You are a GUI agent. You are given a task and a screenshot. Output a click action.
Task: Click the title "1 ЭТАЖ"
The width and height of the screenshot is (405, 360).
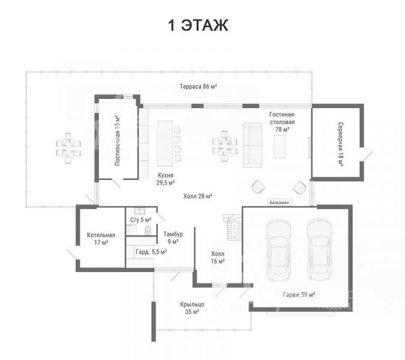coord(198,25)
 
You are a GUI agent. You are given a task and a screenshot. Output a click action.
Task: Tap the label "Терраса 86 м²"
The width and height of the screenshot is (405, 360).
coord(198,86)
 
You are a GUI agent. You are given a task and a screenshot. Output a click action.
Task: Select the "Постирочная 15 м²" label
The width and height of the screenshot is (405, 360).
coord(117,140)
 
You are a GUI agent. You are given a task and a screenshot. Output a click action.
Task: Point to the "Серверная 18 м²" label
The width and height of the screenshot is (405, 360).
coord(341,145)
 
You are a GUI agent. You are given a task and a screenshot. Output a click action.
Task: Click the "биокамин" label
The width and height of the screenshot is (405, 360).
coord(279,202)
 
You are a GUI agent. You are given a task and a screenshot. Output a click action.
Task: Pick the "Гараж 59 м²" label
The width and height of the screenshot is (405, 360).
coord(299,295)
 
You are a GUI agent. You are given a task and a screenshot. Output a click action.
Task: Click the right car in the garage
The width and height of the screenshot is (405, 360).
coord(319,250)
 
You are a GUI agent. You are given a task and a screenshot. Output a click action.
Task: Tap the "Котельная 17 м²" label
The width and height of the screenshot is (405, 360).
coord(101,239)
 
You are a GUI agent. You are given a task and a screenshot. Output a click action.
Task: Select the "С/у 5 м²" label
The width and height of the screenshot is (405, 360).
coord(141,220)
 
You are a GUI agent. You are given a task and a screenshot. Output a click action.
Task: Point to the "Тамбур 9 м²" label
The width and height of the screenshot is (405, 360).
coord(173,238)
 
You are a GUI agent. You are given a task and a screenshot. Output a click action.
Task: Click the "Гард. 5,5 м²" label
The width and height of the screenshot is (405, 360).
coord(151,252)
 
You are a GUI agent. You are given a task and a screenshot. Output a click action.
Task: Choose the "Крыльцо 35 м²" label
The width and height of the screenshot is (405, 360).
coord(192,308)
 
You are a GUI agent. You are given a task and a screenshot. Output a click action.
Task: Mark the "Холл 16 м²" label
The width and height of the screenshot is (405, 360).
coord(218,257)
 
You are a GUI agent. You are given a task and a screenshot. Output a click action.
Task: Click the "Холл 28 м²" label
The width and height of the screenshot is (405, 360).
coord(198,196)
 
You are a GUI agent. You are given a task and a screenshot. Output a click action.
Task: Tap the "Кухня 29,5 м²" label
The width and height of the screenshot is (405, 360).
coord(166,179)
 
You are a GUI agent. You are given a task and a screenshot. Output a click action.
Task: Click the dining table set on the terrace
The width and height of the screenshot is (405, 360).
coord(68,148)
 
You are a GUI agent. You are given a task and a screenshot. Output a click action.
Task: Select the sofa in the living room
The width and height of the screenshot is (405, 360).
coord(253,145)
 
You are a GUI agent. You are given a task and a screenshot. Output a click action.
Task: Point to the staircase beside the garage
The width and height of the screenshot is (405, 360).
coord(233,227)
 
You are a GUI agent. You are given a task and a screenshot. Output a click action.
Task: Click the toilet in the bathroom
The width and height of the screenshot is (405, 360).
coord(148,230)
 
